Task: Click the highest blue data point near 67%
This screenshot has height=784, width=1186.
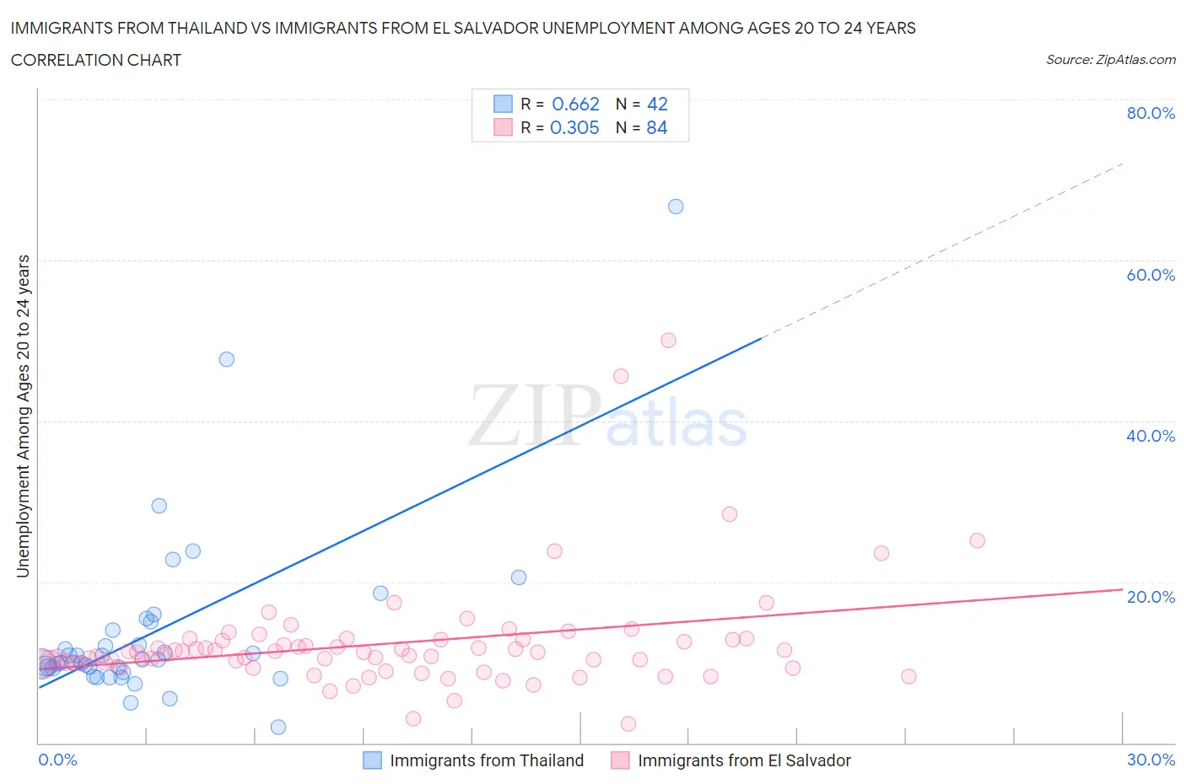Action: pos(676,207)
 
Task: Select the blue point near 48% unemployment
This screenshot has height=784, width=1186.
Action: pos(226,359)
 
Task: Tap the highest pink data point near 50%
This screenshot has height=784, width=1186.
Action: pos(668,341)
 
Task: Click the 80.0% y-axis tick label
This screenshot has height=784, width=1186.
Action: pos(1151,114)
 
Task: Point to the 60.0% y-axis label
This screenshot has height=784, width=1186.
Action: pos(1151,275)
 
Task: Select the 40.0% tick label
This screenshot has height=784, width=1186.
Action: pos(1151,436)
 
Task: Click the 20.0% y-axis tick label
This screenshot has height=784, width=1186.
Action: pos(1151,597)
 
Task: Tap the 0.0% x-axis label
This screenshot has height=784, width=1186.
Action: pos(57,760)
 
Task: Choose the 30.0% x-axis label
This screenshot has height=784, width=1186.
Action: pos(1151,760)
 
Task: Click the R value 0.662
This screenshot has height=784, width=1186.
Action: pos(575,104)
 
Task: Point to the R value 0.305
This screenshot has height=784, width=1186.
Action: pos(574,127)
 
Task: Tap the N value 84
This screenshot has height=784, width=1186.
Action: pos(657,127)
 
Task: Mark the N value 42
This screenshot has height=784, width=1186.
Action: pos(657,104)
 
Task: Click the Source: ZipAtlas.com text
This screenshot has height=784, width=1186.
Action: pos(1110,60)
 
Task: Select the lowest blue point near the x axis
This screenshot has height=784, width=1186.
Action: pos(278,727)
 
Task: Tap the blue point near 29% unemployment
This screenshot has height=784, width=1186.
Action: pos(159,506)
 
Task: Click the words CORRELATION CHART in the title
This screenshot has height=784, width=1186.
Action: pos(96,60)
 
